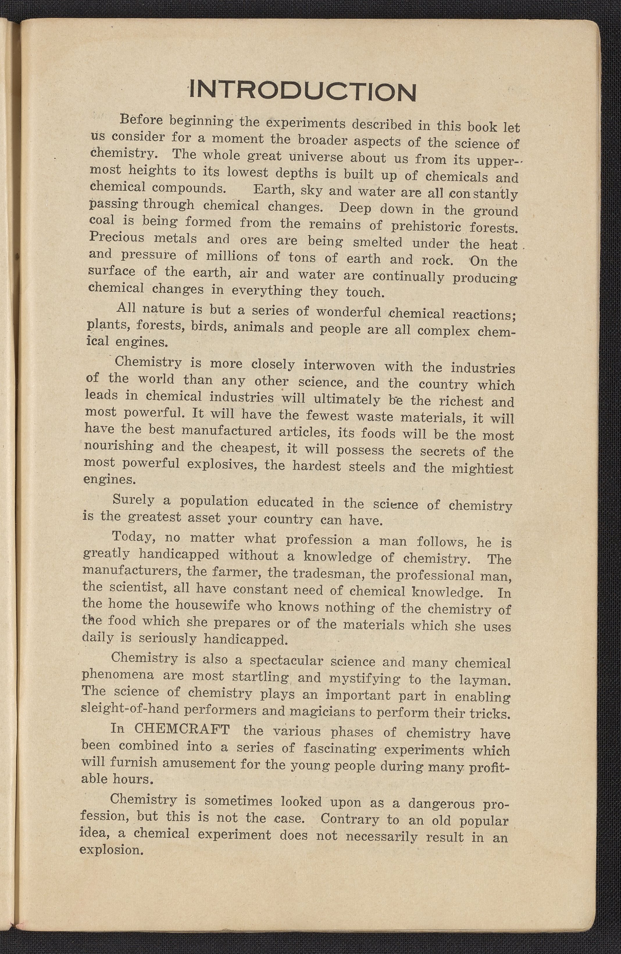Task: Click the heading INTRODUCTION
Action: tap(303, 91)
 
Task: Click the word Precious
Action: tap(116, 237)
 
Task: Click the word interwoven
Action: tap(339, 365)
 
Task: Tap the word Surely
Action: tap(133, 499)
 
